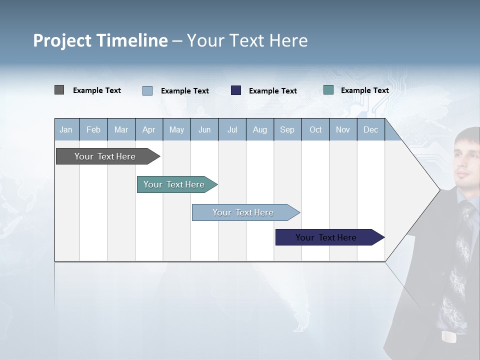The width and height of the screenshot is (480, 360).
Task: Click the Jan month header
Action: tap(66, 130)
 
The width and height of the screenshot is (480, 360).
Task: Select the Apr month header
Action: tap(149, 130)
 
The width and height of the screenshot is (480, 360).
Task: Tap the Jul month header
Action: tap(232, 130)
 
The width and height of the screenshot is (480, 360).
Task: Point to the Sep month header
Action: tap(287, 130)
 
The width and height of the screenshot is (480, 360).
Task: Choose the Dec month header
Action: tap(370, 130)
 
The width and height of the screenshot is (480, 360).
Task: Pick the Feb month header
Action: tap(93, 130)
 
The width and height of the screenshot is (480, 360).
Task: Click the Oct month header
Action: tap(315, 130)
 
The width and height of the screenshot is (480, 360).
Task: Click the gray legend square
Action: tap(59, 90)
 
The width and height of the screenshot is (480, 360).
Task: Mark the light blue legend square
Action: tap(147, 90)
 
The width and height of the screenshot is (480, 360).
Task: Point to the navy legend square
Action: tap(236, 90)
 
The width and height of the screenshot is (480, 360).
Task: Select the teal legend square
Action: tap(328, 90)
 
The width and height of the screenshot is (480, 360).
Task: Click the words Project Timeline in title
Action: tap(100, 40)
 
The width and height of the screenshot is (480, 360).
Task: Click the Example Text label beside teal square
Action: tap(364, 90)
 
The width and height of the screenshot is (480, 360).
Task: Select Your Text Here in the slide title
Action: tap(247, 40)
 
